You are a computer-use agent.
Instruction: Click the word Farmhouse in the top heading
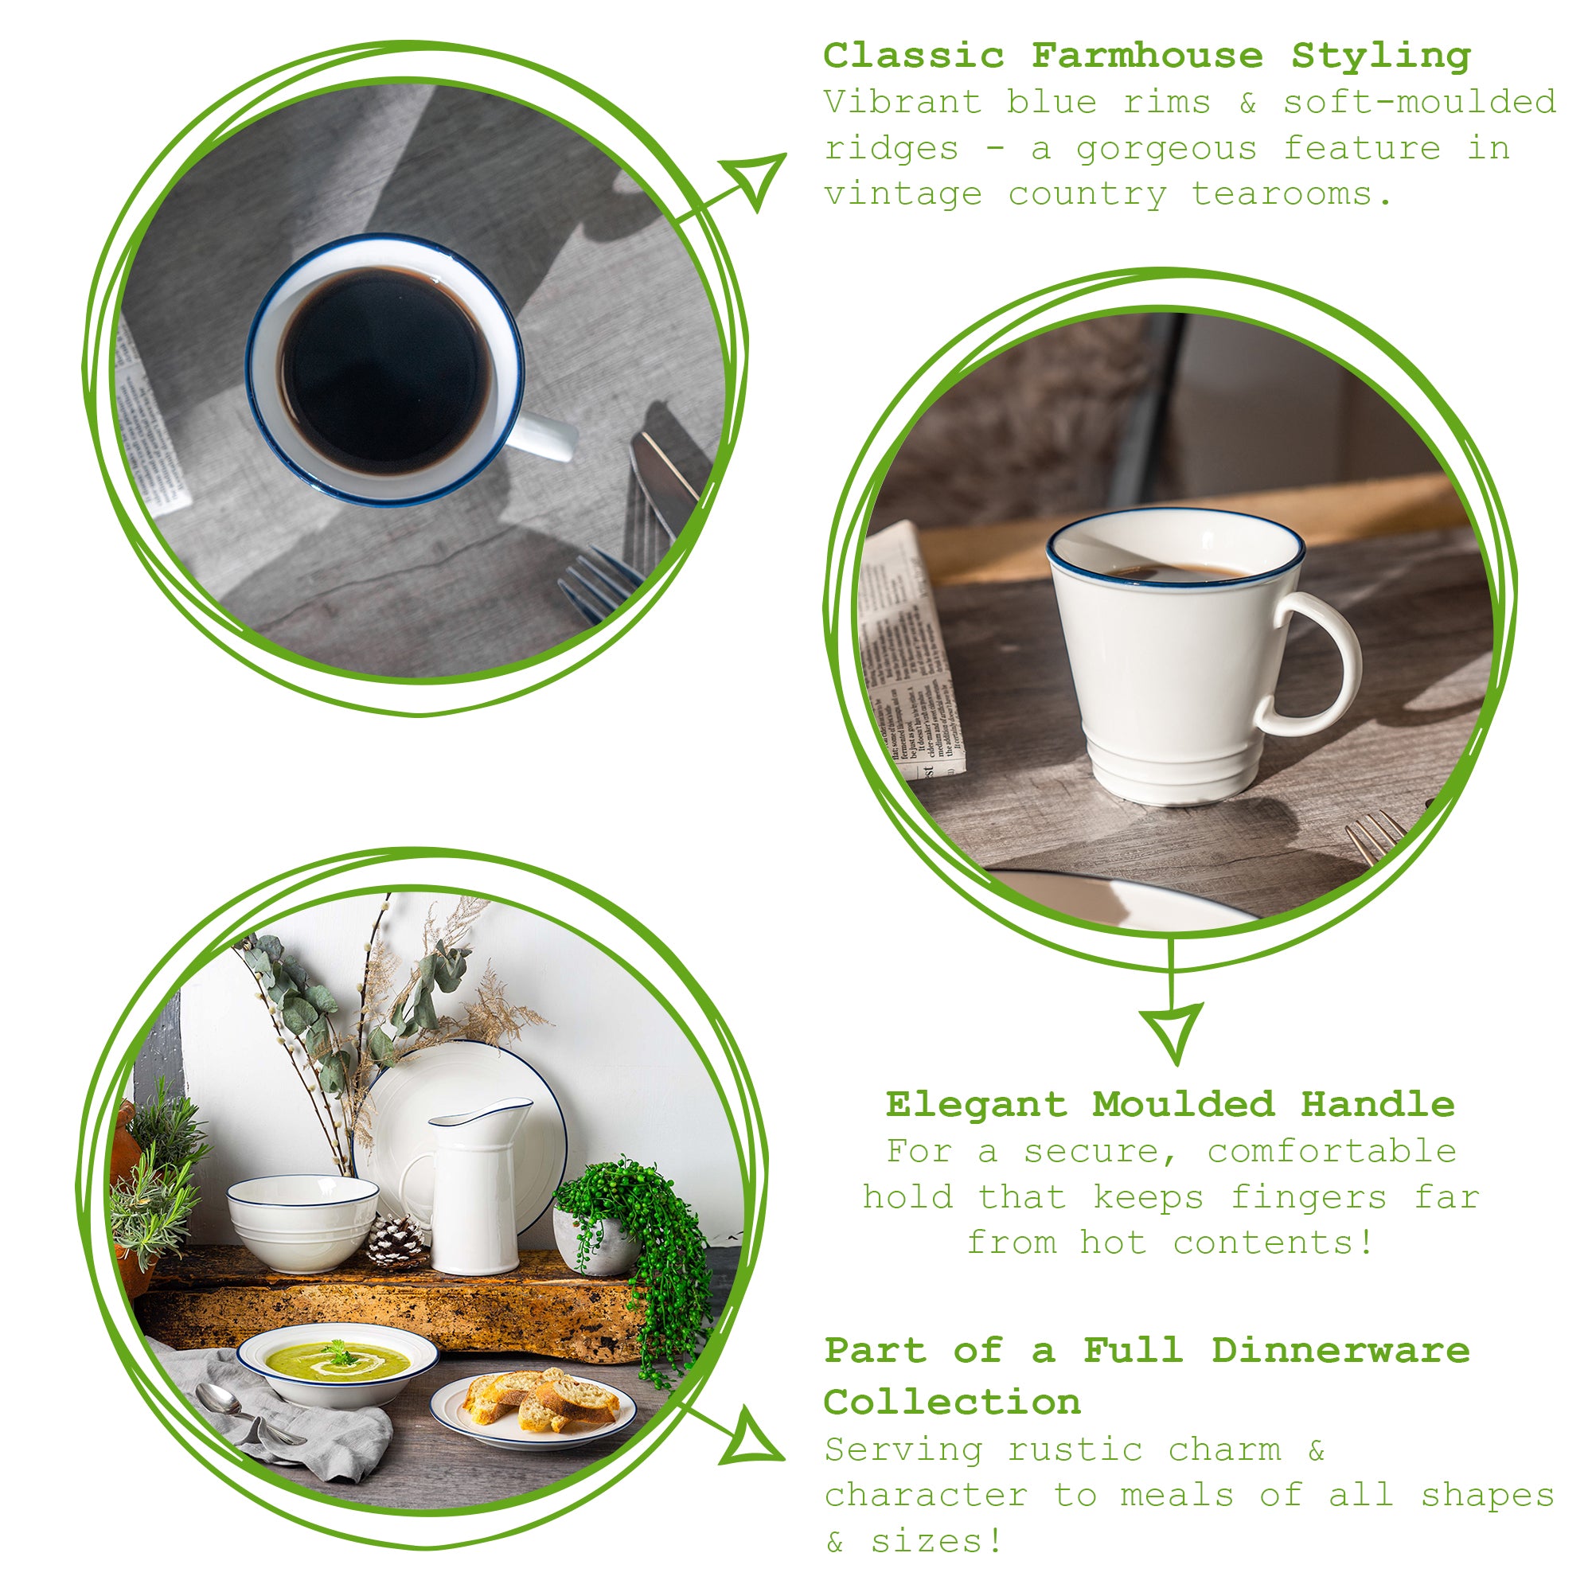(x=1146, y=56)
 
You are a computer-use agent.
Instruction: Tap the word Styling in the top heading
(x=1381, y=56)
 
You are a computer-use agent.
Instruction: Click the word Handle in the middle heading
(x=1378, y=1105)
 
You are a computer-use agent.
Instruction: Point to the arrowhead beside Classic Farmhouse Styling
(x=754, y=178)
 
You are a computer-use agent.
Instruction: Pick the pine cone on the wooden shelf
(x=396, y=1240)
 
